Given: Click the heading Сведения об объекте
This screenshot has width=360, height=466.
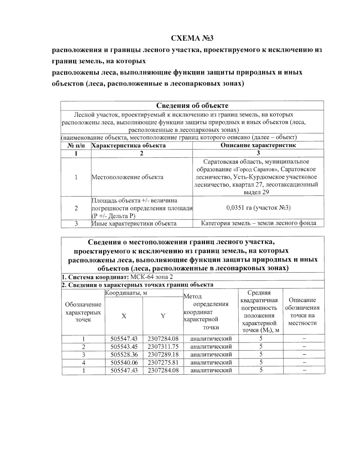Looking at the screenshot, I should point(192,106).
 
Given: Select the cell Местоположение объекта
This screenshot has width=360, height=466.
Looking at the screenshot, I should point(127,177).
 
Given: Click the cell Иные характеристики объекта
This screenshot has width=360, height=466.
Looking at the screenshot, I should point(134,224).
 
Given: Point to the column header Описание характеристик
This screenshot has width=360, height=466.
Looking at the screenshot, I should point(258,145).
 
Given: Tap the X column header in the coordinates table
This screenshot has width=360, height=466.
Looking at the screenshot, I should point(124,316).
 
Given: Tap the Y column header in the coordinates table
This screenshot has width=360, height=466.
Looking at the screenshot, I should point(163,316).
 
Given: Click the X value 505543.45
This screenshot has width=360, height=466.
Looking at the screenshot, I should point(124,347).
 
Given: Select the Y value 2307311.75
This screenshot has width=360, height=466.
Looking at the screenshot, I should point(163,347).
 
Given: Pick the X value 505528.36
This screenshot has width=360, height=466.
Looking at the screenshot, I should point(124,354).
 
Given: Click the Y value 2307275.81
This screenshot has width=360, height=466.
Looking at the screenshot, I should point(163,362).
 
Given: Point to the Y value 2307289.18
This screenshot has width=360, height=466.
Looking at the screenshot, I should point(163,354).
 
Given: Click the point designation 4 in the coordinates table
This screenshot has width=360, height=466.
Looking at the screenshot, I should point(83,362).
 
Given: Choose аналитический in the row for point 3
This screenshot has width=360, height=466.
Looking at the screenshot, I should point(211,354).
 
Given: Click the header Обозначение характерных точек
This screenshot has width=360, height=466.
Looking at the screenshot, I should point(83,312).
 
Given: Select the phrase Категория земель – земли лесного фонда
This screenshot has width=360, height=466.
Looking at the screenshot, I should point(258,223).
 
